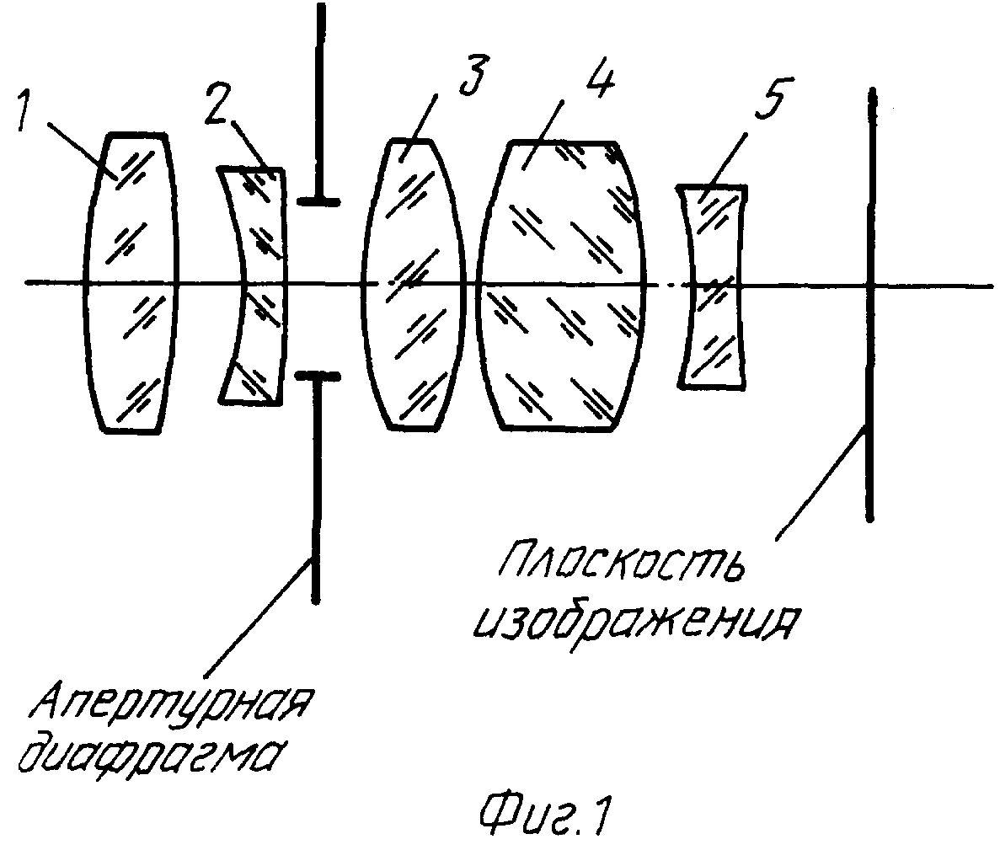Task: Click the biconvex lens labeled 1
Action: click(130, 283)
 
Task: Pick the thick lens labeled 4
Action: click(561, 285)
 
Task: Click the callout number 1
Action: click(24, 110)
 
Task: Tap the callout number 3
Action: click(473, 75)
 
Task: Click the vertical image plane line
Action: click(870, 305)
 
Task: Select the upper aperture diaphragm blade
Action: click(320, 105)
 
